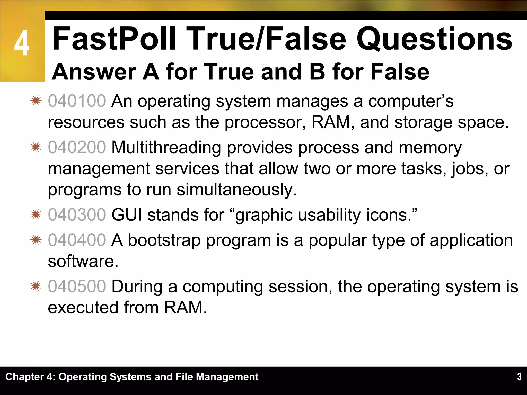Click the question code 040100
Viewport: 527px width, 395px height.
(x=77, y=101)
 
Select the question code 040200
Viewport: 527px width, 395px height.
(x=77, y=147)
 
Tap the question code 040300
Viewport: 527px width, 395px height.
(x=77, y=215)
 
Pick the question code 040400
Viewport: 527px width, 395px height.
(x=77, y=240)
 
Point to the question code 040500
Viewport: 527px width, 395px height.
(x=77, y=286)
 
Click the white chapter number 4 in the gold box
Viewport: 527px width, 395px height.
(x=22, y=43)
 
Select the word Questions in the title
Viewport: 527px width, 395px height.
(x=434, y=39)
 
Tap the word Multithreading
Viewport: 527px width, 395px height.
(x=166, y=147)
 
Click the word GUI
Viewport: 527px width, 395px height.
(x=127, y=215)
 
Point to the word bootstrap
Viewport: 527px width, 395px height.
(x=164, y=240)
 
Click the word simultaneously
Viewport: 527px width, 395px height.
(x=237, y=190)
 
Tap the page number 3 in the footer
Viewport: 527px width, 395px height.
(x=519, y=377)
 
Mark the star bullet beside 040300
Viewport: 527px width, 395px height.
(x=36, y=215)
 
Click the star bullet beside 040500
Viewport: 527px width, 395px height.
(x=36, y=286)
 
